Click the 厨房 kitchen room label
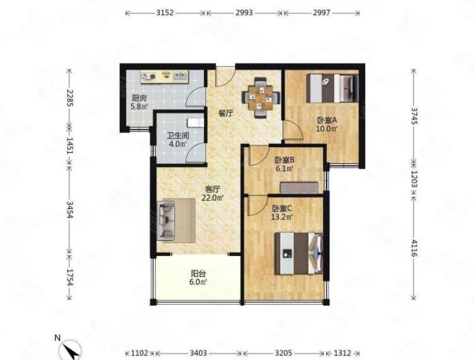click(139, 98)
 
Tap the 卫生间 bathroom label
click(178, 135)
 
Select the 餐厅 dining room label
click(226, 114)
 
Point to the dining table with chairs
click(261, 98)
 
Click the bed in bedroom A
click(332, 88)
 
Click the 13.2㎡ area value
click(282, 217)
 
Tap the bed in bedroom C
click(299, 254)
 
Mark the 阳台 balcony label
click(198, 274)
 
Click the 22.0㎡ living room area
click(213, 198)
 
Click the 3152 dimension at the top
click(165, 13)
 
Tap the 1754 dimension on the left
click(70, 277)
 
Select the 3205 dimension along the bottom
click(284, 353)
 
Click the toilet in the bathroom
click(195, 122)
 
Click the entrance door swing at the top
click(225, 77)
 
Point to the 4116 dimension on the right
click(414, 248)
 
